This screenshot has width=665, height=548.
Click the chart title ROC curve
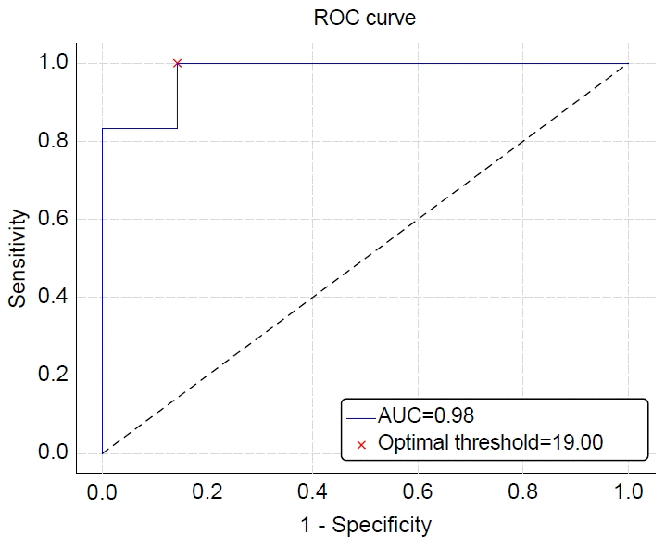point(365,19)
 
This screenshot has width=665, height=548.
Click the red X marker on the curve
point(177,63)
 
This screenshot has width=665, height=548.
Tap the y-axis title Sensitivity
point(18,258)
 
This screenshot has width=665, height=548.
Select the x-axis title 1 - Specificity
point(366,526)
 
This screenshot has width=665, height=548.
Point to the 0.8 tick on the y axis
point(53,140)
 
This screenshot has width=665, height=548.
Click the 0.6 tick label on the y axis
point(53,218)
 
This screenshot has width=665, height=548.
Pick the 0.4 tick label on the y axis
point(53,296)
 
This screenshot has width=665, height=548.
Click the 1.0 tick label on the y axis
point(53,62)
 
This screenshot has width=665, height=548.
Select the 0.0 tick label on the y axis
point(53,452)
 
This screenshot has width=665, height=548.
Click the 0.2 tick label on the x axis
point(207,492)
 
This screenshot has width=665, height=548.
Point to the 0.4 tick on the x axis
point(312,492)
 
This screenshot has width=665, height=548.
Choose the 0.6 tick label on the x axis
point(418,492)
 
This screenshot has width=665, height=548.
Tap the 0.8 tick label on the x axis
point(522,492)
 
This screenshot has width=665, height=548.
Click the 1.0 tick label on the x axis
point(628,492)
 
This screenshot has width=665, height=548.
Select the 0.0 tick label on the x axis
point(102,492)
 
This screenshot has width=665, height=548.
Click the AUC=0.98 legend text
point(426,415)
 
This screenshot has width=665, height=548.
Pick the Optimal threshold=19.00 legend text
point(490,442)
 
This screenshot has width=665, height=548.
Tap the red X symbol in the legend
point(361,445)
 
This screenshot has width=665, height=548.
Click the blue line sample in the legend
point(361,418)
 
